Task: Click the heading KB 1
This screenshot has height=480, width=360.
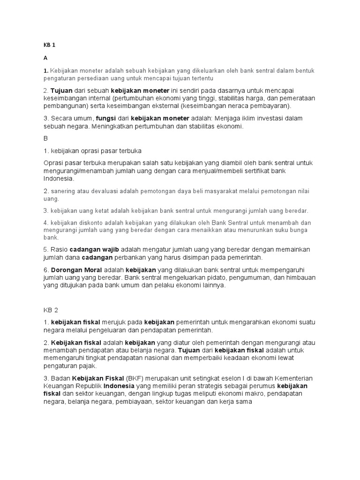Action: click(49, 45)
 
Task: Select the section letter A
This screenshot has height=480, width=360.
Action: click(45, 58)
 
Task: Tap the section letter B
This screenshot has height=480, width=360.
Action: click(45, 139)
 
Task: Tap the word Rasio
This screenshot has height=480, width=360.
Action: click(59, 249)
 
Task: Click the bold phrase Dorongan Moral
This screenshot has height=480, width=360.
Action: click(76, 270)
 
